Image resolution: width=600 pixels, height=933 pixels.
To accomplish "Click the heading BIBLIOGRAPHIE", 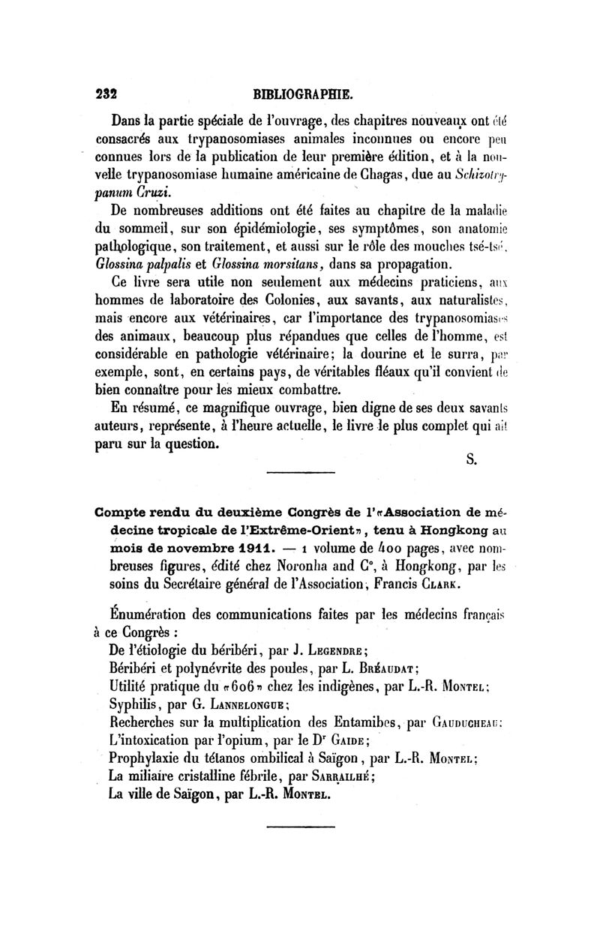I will pyautogui.click(x=302, y=95).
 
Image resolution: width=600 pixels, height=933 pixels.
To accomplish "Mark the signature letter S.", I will pyautogui.click(x=472, y=460).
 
